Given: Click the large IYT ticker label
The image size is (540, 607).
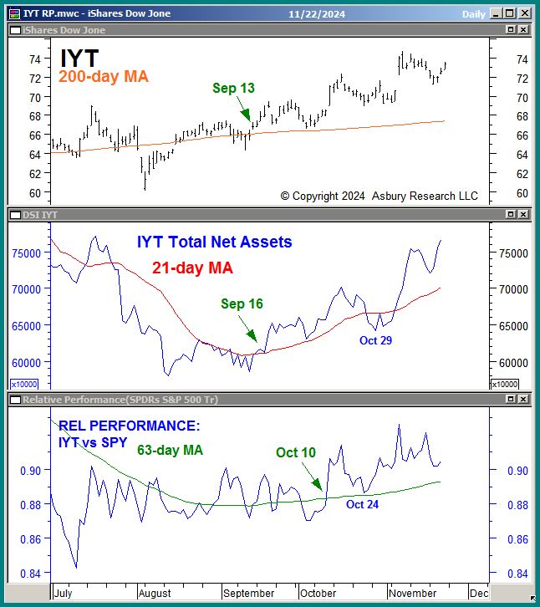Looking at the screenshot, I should [x=79, y=58].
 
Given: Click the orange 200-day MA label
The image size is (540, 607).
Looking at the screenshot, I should [x=104, y=77].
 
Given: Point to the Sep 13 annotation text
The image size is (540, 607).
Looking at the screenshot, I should [x=233, y=88].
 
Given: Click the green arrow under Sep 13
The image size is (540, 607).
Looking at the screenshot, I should [x=242, y=109].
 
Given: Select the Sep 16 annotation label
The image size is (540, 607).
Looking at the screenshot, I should [x=242, y=303].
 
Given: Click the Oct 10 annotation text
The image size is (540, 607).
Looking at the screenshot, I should [x=296, y=452].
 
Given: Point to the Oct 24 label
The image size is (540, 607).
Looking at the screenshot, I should [x=362, y=504].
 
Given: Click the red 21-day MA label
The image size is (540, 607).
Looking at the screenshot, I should [x=192, y=268].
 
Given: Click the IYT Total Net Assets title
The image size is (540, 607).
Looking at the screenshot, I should [x=215, y=242].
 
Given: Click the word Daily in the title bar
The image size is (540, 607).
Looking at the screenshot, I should [x=473, y=14].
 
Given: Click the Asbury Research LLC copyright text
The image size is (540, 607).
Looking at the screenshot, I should [x=379, y=196].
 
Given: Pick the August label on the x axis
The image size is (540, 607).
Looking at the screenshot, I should [x=155, y=593].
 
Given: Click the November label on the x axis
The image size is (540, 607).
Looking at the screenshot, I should [x=412, y=593].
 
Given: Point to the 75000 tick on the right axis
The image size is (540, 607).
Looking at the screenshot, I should [x=511, y=253].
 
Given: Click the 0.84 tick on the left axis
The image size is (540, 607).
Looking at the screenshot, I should [x=29, y=574].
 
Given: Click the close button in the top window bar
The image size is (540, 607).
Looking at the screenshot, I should [x=524, y=13].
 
